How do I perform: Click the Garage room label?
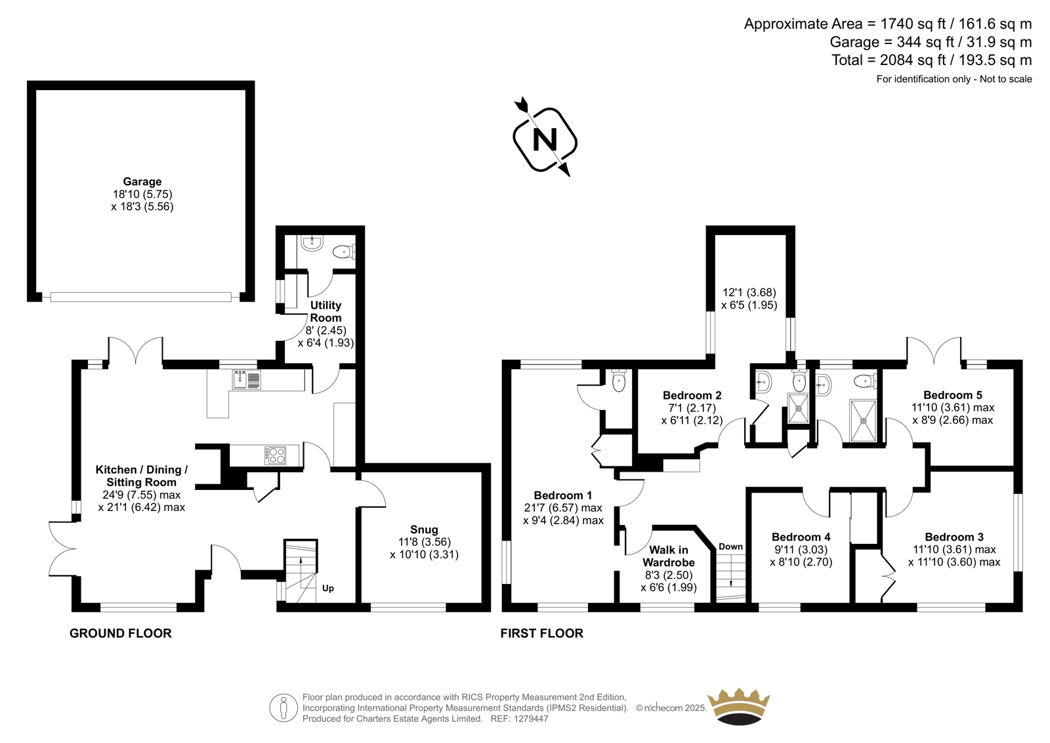pyautogui.click(x=142, y=181)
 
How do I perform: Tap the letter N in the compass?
pyautogui.click(x=545, y=139)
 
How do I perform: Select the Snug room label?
pyautogui.click(x=424, y=529)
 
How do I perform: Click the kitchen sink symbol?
pyautogui.click(x=246, y=380)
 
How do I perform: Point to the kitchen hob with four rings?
pyautogui.click(x=275, y=455)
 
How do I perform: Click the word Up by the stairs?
pyautogui.click(x=327, y=588)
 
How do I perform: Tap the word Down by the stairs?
pyautogui.click(x=731, y=547)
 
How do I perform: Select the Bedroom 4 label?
pyautogui.click(x=801, y=537)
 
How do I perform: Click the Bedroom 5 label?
pyautogui.click(x=952, y=395)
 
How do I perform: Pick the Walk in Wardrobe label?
pyautogui.click(x=669, y=556)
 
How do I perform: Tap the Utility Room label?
pyautogui.click(x=325, y=311)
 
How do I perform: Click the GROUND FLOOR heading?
pyautogui.click(x=121, y=633)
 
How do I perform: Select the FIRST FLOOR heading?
pyautogui.click(x=541, y=633)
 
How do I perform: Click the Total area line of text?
pyautogui.click(x=931, y=60)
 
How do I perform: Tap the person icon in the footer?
pyautogui.click(x=283, y=708)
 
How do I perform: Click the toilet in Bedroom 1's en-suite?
pyautogui.click(x=619, y=380)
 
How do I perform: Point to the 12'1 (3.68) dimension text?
pyautogui.click(x=749, y=292)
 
